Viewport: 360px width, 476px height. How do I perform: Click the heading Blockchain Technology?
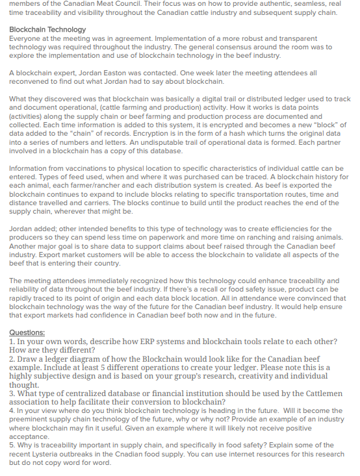47,30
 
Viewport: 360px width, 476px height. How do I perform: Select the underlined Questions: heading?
27,333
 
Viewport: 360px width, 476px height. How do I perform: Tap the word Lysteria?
43,455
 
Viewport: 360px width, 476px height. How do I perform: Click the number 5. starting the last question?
12,445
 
